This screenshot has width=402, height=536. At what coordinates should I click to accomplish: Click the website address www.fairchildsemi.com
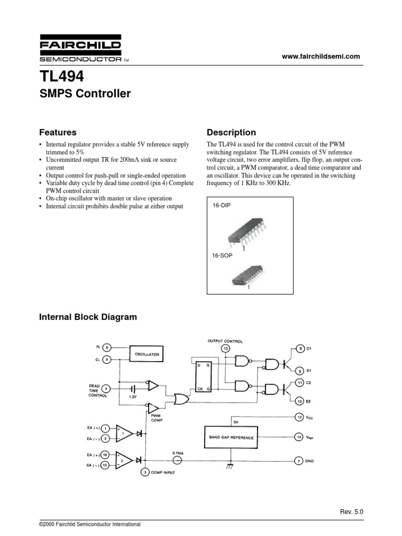point(321,57)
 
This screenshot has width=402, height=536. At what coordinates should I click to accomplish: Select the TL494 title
point(61,77)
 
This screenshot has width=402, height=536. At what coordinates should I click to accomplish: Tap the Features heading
point(58,132)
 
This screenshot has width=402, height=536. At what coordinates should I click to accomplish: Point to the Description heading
point(231,132)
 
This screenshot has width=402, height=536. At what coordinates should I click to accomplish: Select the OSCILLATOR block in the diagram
point(147,354)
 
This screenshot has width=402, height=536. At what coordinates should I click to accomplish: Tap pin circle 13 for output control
point(226,349)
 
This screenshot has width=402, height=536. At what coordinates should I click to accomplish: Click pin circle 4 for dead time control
point(106,388)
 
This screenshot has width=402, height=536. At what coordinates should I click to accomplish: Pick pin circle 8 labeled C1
point(300,348)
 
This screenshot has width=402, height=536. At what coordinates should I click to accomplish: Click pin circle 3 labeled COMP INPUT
point(145,472)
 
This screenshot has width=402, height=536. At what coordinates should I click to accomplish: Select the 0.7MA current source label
point(177,452)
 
